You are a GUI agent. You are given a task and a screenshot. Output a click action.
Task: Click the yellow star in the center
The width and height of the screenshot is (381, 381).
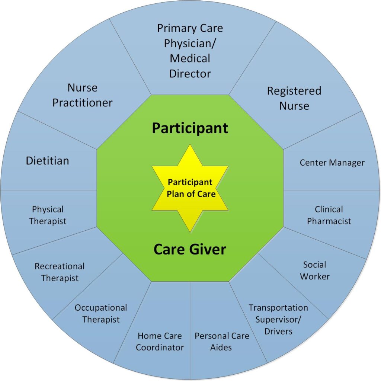click(x=190, y=188)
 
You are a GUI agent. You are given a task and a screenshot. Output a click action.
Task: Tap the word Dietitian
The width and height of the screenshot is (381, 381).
click(x=47, y=161)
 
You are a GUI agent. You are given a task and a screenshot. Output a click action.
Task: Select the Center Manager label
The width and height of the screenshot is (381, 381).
click(x=332, y=163)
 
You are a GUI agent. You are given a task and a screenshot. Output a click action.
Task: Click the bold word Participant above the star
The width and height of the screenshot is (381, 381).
click(x=190, y=128)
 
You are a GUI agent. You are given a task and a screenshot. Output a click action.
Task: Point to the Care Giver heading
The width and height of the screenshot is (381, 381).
click(x=190, y=249)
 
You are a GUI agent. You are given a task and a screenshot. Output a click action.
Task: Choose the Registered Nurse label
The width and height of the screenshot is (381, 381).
click(x=294, y=98)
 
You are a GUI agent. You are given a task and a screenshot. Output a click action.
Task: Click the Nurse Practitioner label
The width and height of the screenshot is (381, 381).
click(x=83, y=95)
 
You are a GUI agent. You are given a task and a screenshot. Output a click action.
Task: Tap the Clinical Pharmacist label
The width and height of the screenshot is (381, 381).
click(x=329, y=215)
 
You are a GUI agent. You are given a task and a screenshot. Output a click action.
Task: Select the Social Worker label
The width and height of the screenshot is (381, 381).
click(x=315, y=270)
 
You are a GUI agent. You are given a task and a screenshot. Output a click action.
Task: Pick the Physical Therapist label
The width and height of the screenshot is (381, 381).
click(x=48, y=215)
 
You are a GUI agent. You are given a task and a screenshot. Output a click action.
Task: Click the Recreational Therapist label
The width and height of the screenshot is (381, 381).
click(x=60, y=272)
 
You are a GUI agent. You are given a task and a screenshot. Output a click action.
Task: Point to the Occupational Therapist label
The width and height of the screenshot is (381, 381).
click(x=101, y=313)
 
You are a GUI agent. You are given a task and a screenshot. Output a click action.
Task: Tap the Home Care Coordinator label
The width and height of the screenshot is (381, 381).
click(x=160, y=342)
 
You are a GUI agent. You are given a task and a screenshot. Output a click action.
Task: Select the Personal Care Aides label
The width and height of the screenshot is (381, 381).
click(x=222, y=342)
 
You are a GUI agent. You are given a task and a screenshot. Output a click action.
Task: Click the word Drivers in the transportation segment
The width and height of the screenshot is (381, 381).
click(x=278, y=331)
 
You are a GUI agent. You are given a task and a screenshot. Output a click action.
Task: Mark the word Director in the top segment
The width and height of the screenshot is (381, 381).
click(x=190, y=74)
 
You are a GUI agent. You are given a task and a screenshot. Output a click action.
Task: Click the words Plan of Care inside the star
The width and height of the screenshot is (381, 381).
click(x=191, y=194)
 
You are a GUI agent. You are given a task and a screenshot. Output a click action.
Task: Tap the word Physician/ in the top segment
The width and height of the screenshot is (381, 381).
click(x=190, y=44)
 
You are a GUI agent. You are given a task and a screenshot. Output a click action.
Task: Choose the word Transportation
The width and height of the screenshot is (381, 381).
click(x=278, y=308)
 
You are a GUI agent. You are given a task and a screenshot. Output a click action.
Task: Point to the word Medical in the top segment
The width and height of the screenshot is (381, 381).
click(x=190, y=58)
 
